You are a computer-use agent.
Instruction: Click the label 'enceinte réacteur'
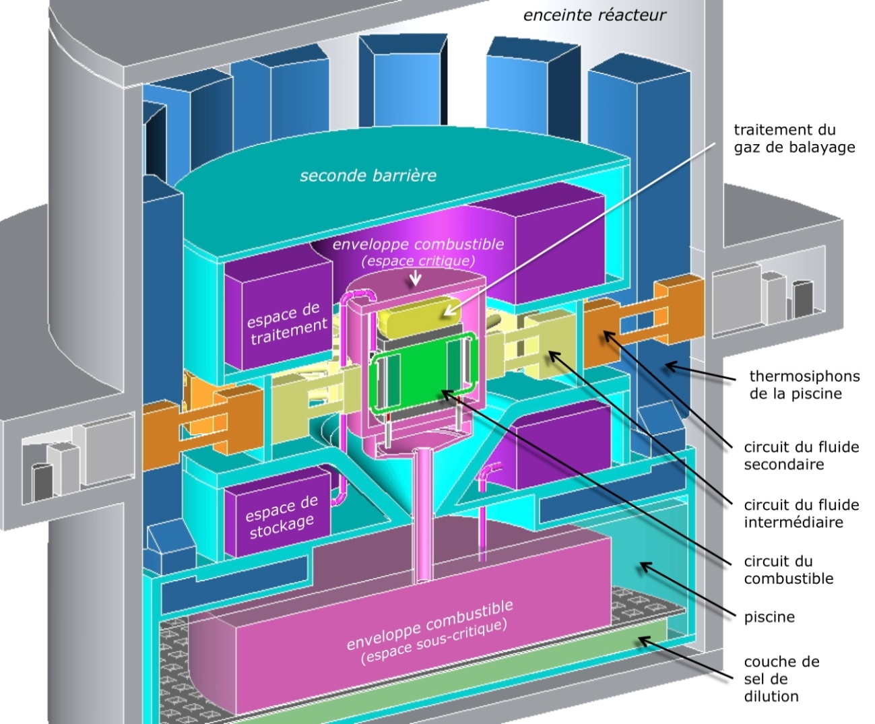point(594,15)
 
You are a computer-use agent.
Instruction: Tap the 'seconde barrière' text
point(368,176)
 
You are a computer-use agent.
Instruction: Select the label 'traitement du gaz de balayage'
point(793,138)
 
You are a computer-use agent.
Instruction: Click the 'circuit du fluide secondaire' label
point(801,455)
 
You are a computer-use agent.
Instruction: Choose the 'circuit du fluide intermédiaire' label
point(801,513)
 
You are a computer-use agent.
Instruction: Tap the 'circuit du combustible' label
point(788,570)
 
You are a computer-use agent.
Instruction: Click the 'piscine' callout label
point(769,617)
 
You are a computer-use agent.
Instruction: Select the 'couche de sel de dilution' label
point(781,679)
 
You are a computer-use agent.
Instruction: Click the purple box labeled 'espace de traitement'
point(283,323)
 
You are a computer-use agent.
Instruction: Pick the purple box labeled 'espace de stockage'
point(280,517)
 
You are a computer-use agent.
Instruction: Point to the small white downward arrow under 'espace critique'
point(416,277)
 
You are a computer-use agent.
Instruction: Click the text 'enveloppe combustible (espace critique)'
point(418,251)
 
